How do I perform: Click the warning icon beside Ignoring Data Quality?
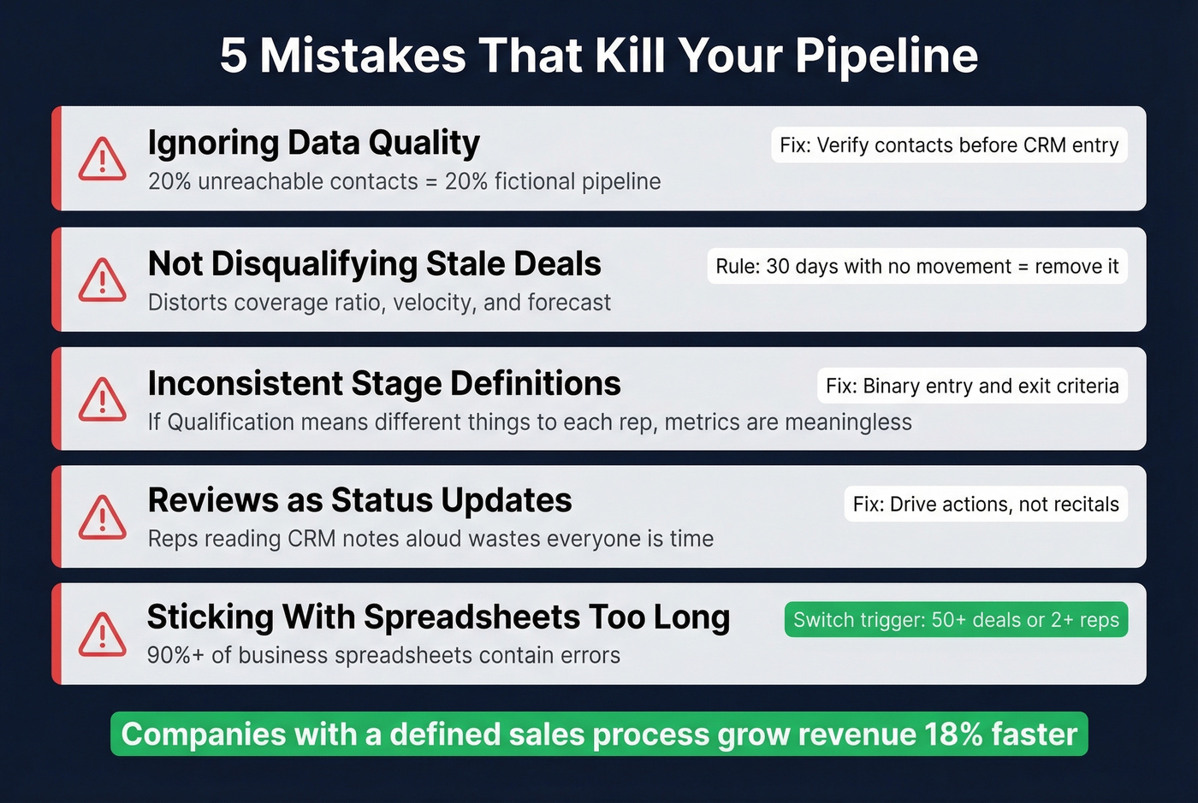pos(102,160)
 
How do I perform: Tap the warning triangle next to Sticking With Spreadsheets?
pos(102,635)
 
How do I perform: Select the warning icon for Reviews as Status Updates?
pos(102,517)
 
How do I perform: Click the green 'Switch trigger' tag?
pos(956,620)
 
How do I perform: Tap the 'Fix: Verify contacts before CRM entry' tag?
pos(948,145)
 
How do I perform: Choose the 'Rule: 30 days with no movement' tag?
pos(916,267)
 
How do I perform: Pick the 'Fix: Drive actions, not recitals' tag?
pos(985,505)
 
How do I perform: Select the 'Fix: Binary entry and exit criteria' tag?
pos(971,386)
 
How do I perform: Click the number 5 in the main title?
pos(233,56)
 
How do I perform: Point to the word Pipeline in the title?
pos(886,56)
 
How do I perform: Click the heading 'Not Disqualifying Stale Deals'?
pos(374,264)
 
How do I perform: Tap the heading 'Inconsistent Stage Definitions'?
pos(383,384)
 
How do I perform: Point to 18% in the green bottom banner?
pos(952,735)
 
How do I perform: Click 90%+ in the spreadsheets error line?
pos(175,656)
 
